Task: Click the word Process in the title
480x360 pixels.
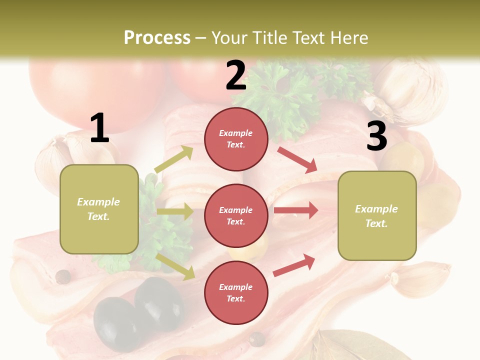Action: [157, 38]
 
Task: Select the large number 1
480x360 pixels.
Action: [99, 128]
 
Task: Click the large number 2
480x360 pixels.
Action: [236, 76]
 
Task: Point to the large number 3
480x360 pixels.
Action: [376, 136]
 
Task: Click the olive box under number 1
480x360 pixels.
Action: [99, 209]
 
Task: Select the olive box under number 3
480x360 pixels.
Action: [377, 215]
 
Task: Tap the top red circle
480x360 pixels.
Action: [236, 138]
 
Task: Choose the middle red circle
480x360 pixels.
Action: [236, 215]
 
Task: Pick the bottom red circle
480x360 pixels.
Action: [236, 292]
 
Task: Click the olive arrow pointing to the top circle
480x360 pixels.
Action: [174, 159]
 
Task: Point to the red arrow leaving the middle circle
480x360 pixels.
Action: [296, 210]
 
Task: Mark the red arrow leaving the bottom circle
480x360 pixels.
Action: [294, 265]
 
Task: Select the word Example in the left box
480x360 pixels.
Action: [98, 202]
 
